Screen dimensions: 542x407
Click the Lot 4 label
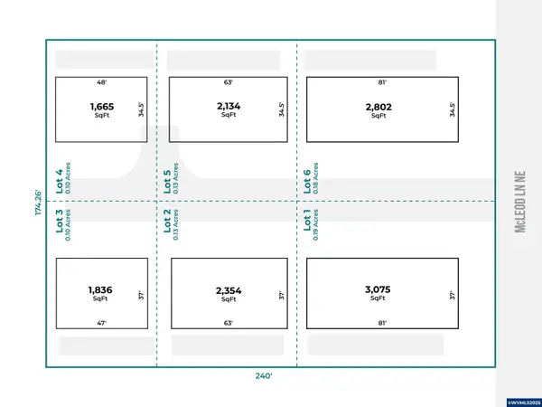(60, 182)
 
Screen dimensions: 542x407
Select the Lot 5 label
(167, 182)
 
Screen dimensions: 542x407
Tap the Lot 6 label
(307, 182)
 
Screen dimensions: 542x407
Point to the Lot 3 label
(60, 221)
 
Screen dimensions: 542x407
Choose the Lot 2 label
(167, 221)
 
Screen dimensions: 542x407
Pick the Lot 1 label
(307, 219)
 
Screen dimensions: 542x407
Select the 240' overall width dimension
(264, 376)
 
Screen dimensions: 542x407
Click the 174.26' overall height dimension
(38, 203)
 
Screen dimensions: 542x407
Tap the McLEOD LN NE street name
(520, 202)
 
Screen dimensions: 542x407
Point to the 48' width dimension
(101, 82)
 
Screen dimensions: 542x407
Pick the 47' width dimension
(101, 323)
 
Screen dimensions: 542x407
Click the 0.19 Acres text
(315, 225)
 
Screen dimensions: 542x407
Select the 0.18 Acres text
(315, 178)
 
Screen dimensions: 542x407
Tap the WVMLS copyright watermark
(524, 402)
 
